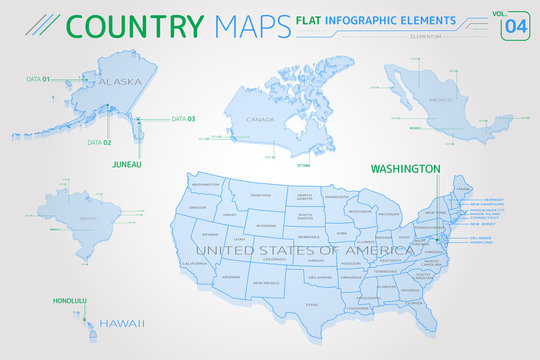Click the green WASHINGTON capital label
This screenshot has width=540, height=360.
406,168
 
